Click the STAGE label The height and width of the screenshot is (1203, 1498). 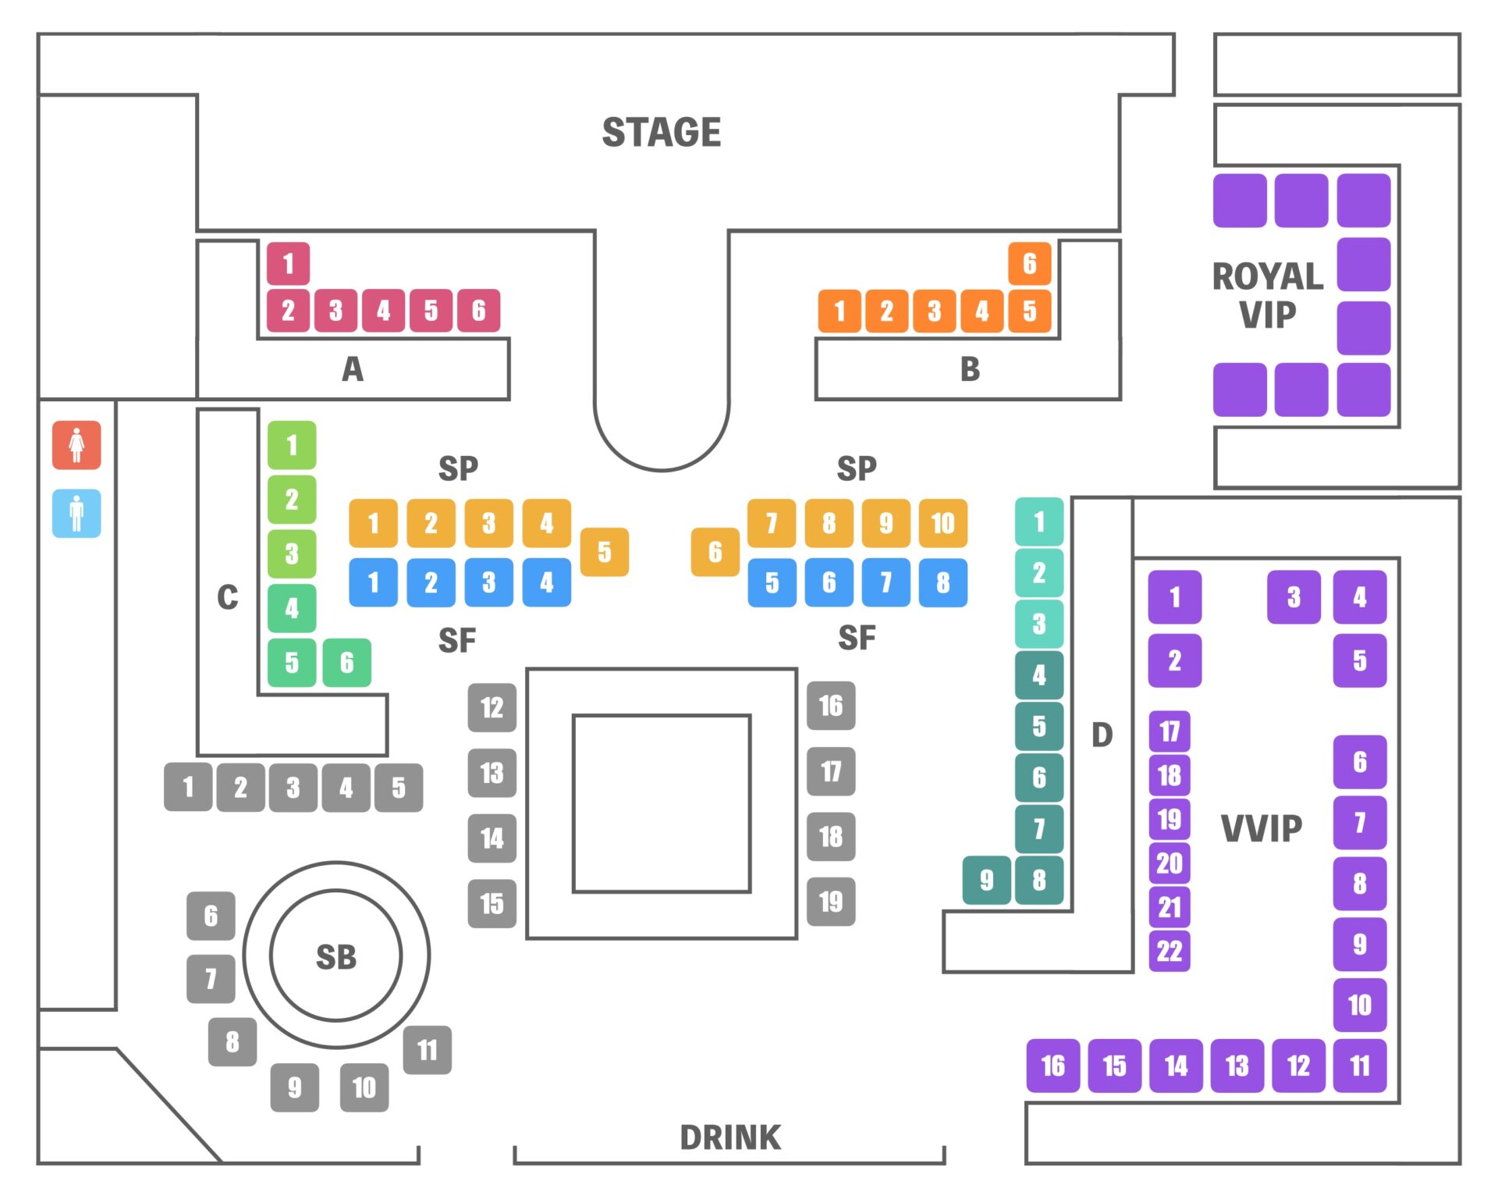coord(661,132)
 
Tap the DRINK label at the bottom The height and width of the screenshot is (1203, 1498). coord(729,1137)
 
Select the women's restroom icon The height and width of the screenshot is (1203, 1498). coord(76,445)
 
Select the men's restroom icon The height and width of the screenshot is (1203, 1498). coord(76,513)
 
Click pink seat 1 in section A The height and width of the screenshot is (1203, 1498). coord(288,263)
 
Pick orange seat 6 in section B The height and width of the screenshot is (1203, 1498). coord(1029,263)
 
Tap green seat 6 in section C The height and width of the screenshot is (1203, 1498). coord(346,662)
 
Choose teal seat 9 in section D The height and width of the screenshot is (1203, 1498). coord(986,880)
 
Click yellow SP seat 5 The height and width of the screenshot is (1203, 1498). coord(604,552)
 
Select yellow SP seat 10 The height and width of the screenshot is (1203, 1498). coord(942,522)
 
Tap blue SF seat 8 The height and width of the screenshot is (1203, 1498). coord(942,582)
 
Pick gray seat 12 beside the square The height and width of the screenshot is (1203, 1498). coord(492,707)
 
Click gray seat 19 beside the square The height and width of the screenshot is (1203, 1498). coord(831,902)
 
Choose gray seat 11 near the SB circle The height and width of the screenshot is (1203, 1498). coord(427,1049)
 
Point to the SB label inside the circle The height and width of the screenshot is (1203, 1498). coord(336,956)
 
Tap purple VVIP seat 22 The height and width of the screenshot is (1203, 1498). coord(1169,950)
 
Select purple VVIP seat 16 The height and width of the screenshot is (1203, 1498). coord(1053,1065)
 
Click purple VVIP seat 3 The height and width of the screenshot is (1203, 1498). coord(1294,597)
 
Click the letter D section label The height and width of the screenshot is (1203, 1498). coord(1102,735)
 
